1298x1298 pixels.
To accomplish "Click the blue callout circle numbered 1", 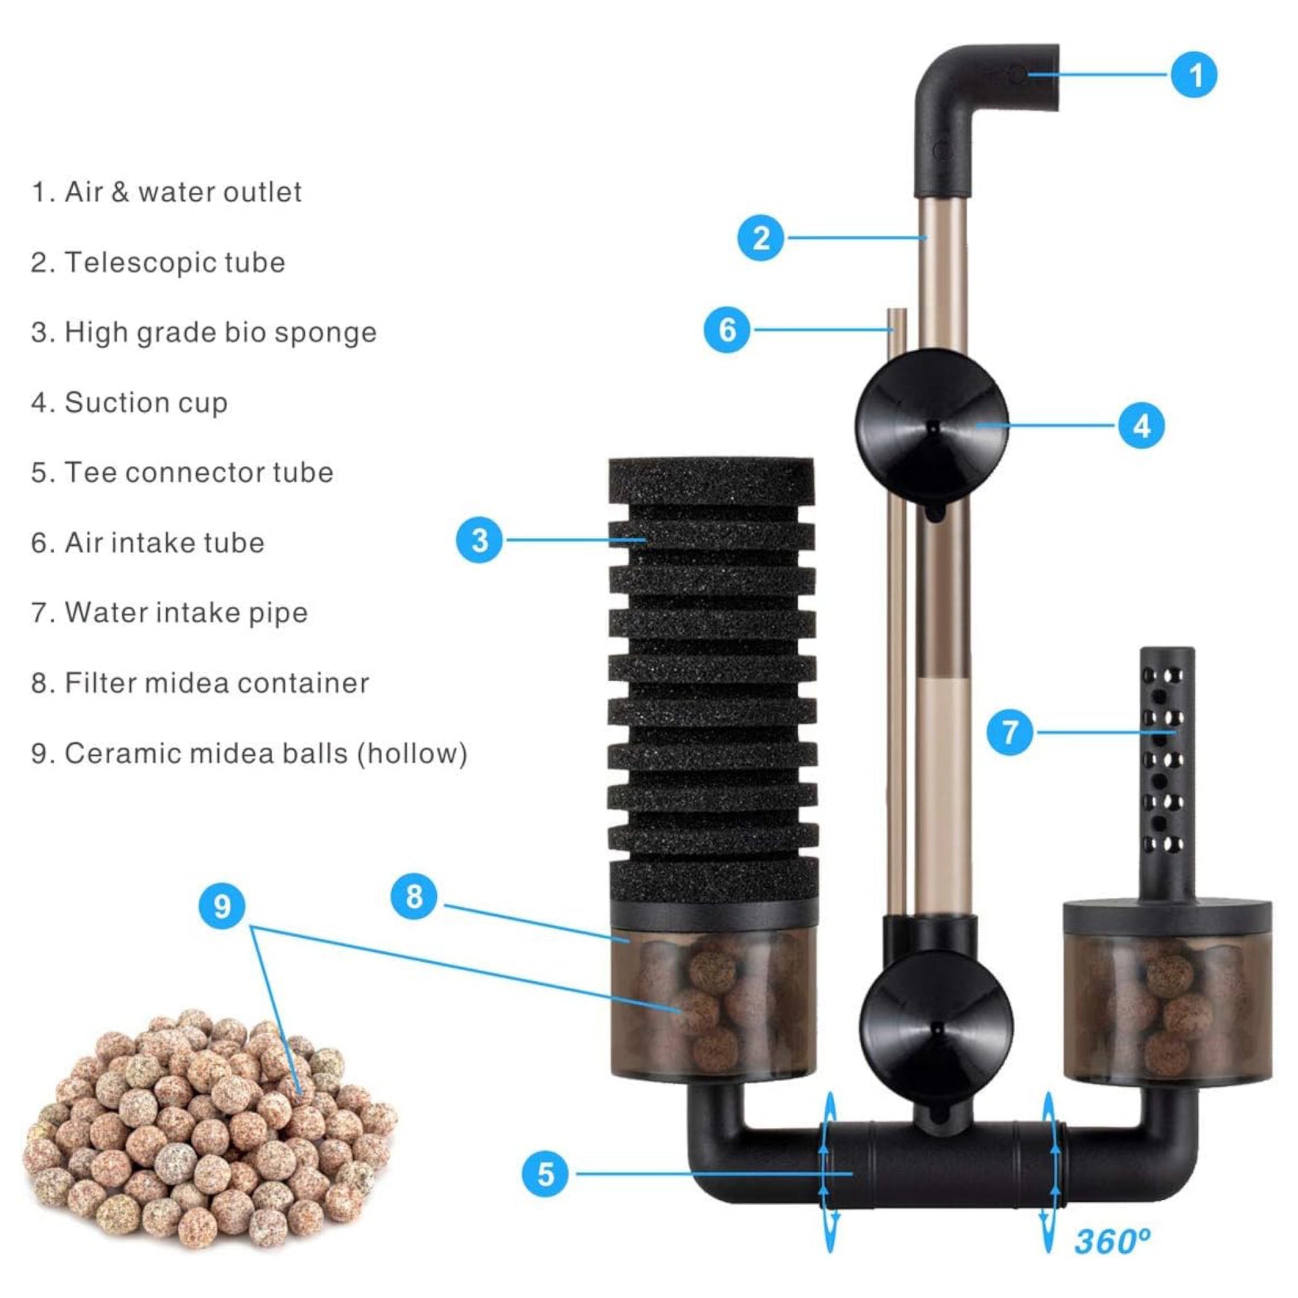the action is (x=1193, y=75).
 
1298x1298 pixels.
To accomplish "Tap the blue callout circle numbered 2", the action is (x=760, y=238).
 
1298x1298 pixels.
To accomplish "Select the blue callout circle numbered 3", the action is (x=479, y=540).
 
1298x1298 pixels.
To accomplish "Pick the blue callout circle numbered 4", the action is (x=1141, y=426).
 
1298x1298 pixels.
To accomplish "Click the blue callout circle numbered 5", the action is (x=546, y=1174).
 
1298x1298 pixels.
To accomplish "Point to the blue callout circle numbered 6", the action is (x=727, y=330).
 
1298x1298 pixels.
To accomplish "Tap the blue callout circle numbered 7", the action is (x=1010, y=732).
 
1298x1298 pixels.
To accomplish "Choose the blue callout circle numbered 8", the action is (x=414, y=896).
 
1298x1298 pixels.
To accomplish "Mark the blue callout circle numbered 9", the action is (x=222, y=906).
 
